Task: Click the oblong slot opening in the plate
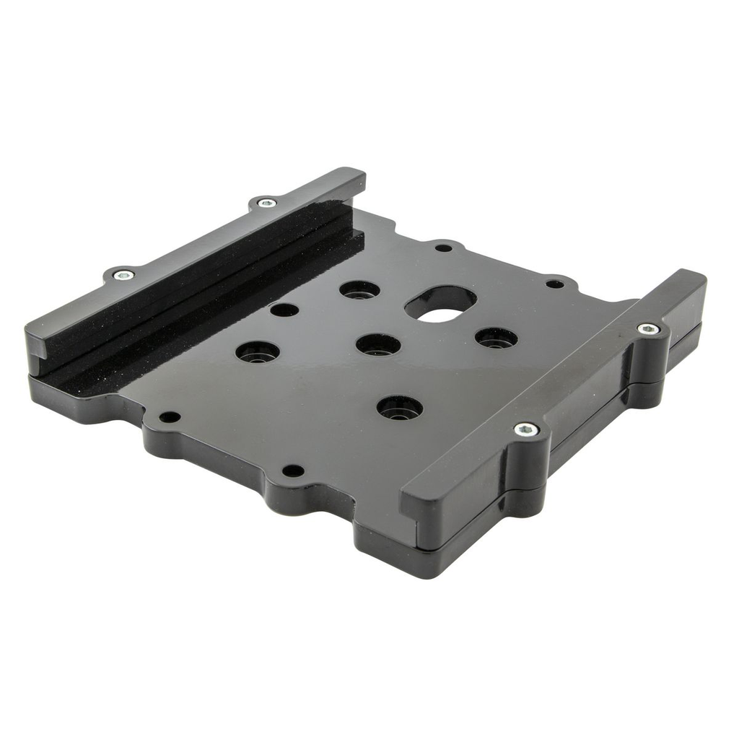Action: click(x=440, y=304)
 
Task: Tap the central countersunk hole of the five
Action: click(x=378, y=345)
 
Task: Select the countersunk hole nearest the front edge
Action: click(x=399, y=408)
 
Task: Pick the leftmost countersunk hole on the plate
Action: click(x=258, y=352)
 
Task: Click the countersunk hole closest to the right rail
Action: click(x=496, y=338)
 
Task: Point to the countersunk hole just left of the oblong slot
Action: click(x=359, y=290)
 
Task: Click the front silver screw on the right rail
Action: click(x=526, y=429)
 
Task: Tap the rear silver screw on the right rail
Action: click(x=648, y=329)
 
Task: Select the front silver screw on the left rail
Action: click(x=123, y=274)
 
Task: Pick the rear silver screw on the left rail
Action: click(x=266, y=203)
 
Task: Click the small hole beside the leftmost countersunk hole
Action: click(x=284, y=310)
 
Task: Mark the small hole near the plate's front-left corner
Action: click(x=169, y=417)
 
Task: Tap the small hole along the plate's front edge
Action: click(x=292, y=471)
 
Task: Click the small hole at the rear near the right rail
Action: click(x=554, y=284)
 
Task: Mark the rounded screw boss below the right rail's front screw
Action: click(x=525, y=469)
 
